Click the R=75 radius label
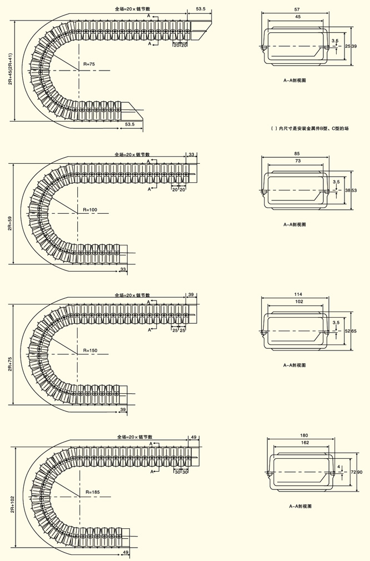[89, 64]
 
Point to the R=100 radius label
[90, 209]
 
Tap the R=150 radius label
[90, 350]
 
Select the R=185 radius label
[93, 492]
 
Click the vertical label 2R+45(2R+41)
[10, 69]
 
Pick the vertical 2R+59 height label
[10, 224]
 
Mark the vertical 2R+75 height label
[10, 364]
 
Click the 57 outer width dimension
[297, 10]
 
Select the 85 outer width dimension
[297, 153]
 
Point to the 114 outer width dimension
[298, 294]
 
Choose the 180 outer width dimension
[303, 435]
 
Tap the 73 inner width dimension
[298, 161]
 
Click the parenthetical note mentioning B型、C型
[309, 128]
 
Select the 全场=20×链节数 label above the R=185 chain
[134, 438]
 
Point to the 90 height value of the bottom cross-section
[360, 472]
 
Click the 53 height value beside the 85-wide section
[354, 191]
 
